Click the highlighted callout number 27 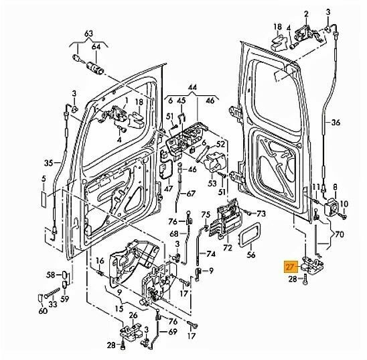290,266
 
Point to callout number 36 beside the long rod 336,123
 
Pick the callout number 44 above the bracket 193,88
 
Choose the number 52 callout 220,143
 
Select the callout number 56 251,255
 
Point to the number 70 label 339,235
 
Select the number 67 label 192,194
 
